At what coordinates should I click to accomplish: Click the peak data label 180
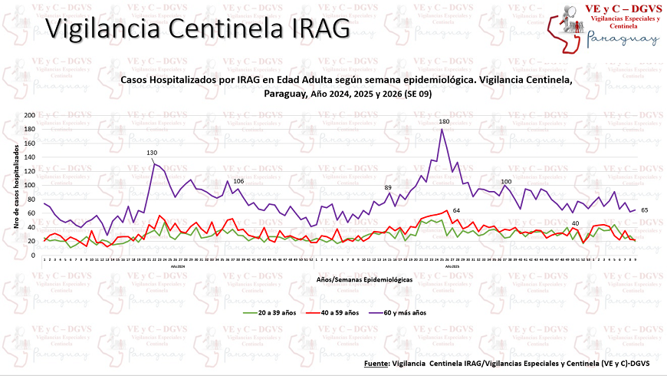[x=444, y=122]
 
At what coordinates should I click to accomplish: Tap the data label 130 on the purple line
[x=153, y=153]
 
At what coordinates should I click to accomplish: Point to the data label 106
[x=238, y=181]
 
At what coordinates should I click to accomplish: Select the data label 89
[x=388, y=188]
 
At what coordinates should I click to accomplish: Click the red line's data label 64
[x=456, y=210]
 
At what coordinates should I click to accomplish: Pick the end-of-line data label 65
[x=645, y=209]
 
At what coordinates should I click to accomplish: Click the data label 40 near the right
[x=575, y=223]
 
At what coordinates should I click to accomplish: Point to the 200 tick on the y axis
[x=30, y=115]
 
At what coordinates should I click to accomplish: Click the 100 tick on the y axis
[x=30, y=185]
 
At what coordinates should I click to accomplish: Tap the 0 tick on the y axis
[x=34, y=255]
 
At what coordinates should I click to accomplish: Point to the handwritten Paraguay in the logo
[x=623, y=38]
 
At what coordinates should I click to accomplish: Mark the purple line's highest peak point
[x=442, y=129]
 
